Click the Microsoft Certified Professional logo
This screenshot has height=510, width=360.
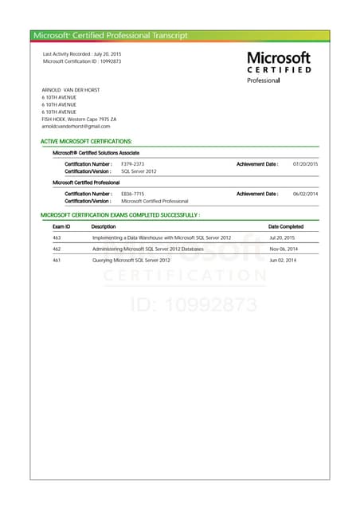(x=279, y=67)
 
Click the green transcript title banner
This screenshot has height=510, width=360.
(x=180, y=35)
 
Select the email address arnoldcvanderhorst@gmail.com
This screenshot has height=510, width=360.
(x=76, y=126)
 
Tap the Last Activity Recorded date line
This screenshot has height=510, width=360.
(x=76, y=53)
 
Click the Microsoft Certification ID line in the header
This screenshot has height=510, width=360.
(x=82, y=61)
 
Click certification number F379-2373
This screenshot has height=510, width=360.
(x=132, y=163)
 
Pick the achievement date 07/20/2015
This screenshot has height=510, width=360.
(x=305, y=163)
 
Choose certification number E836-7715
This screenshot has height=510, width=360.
(x=132, y=194)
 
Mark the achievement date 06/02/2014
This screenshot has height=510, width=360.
(x=305, y=194)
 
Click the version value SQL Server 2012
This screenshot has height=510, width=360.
(x=139, y=171)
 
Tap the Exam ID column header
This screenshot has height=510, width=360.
(x=61, y=226)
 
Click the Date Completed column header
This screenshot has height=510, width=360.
(x=286, y=226)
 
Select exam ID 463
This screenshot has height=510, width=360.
(x=57, y=237)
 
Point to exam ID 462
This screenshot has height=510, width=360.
(x=57, y=249)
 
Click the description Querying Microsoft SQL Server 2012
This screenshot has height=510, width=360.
(x=131, y=260)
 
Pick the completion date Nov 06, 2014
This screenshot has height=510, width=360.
(x=283, y=249)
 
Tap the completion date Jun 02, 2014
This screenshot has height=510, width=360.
(x=283, y=260)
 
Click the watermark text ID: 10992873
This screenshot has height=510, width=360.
(x=192, y=304)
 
